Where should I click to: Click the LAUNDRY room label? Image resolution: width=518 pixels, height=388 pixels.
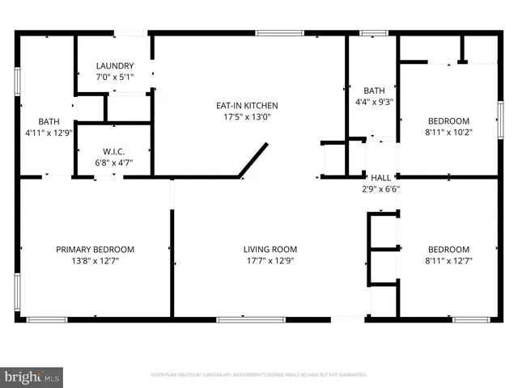point(115,66)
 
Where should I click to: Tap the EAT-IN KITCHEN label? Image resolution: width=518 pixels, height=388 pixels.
point(247,106)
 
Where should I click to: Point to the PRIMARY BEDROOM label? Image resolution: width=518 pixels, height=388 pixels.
point(95,250)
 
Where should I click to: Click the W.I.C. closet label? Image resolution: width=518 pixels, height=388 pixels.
point(113,150)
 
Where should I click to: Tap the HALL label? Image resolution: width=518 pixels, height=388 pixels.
point(380,177)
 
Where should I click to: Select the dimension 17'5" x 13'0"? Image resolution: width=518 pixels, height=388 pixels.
point(247,116)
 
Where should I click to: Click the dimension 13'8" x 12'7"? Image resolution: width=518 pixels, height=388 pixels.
point(95,260)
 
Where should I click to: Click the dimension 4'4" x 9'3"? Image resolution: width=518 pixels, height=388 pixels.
point(374,102)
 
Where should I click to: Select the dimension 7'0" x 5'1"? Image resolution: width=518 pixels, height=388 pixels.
point(115,77)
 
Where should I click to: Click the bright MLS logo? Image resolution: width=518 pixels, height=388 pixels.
point(32,376)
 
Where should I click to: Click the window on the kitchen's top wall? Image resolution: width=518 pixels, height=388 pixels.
point(280,33)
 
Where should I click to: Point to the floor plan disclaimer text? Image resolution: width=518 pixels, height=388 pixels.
point(259,375)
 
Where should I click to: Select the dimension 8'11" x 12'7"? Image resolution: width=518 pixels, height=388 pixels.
point(448,260)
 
